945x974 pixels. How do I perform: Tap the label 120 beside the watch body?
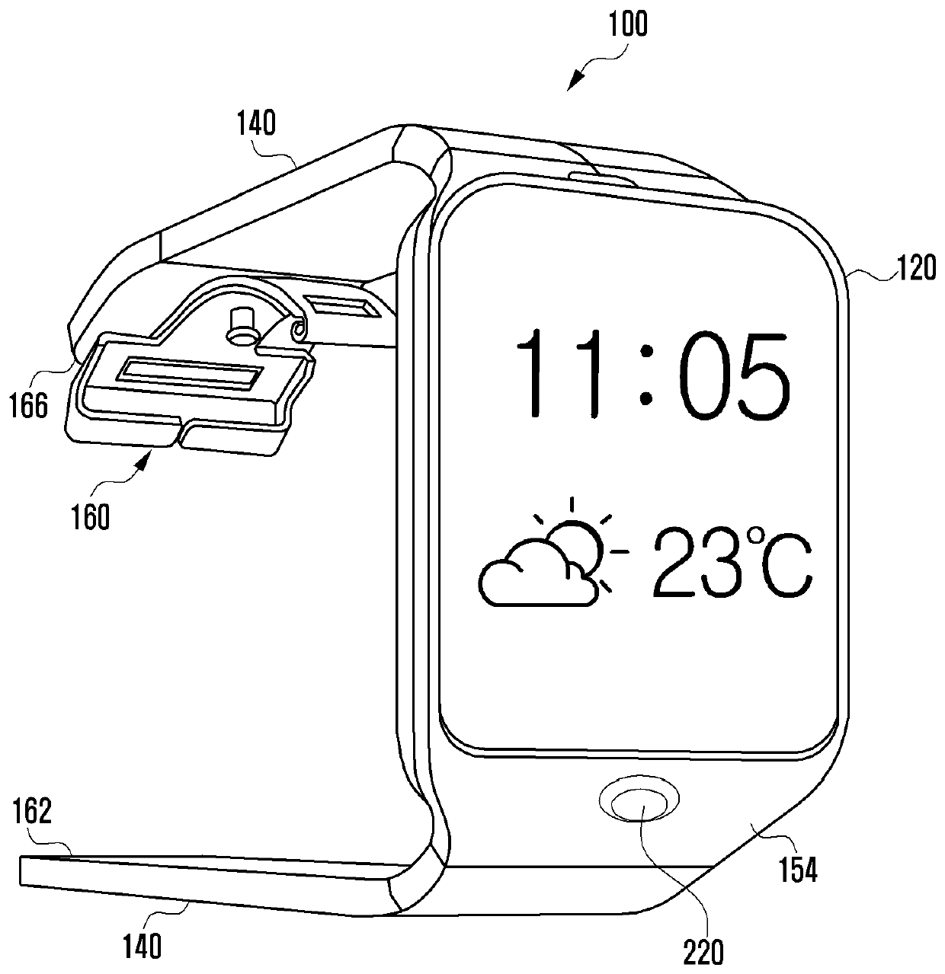coord(914,268)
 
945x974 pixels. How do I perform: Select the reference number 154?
coord(796,870)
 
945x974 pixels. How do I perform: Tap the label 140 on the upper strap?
coord(255,123)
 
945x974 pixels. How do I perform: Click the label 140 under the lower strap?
coord(142,945)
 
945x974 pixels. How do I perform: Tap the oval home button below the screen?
coord(639,803)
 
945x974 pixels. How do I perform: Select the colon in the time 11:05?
coord(646,374)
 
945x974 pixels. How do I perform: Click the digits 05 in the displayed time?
coord(736,374)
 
